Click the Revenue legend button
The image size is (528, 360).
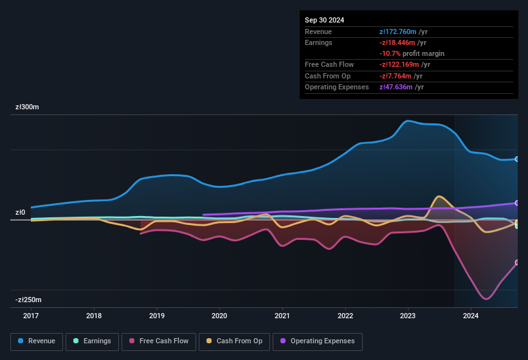coord(37,341)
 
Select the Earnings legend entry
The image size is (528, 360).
coord(92,341)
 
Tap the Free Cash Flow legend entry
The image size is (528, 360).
coord(159,341)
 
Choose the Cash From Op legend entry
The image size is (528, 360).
coord(234,341)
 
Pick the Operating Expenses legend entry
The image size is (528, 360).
coord(317,341)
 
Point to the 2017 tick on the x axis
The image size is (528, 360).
coord(31,316)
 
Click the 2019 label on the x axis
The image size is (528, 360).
coord(157,316)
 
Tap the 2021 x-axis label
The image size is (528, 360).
coord(282,316)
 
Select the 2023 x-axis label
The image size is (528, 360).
coord(408,316)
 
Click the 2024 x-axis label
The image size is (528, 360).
coord(471,316)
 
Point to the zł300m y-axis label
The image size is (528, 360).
coord(27,107)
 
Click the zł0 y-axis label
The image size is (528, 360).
coord(20,212)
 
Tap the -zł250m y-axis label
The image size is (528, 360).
coord(28,300)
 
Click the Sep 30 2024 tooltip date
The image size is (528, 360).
coord(324,20)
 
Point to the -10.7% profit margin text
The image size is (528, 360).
coord(412,53)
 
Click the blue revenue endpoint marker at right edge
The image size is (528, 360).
coord(517,159)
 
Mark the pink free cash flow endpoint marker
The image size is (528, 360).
coord(517,262)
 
